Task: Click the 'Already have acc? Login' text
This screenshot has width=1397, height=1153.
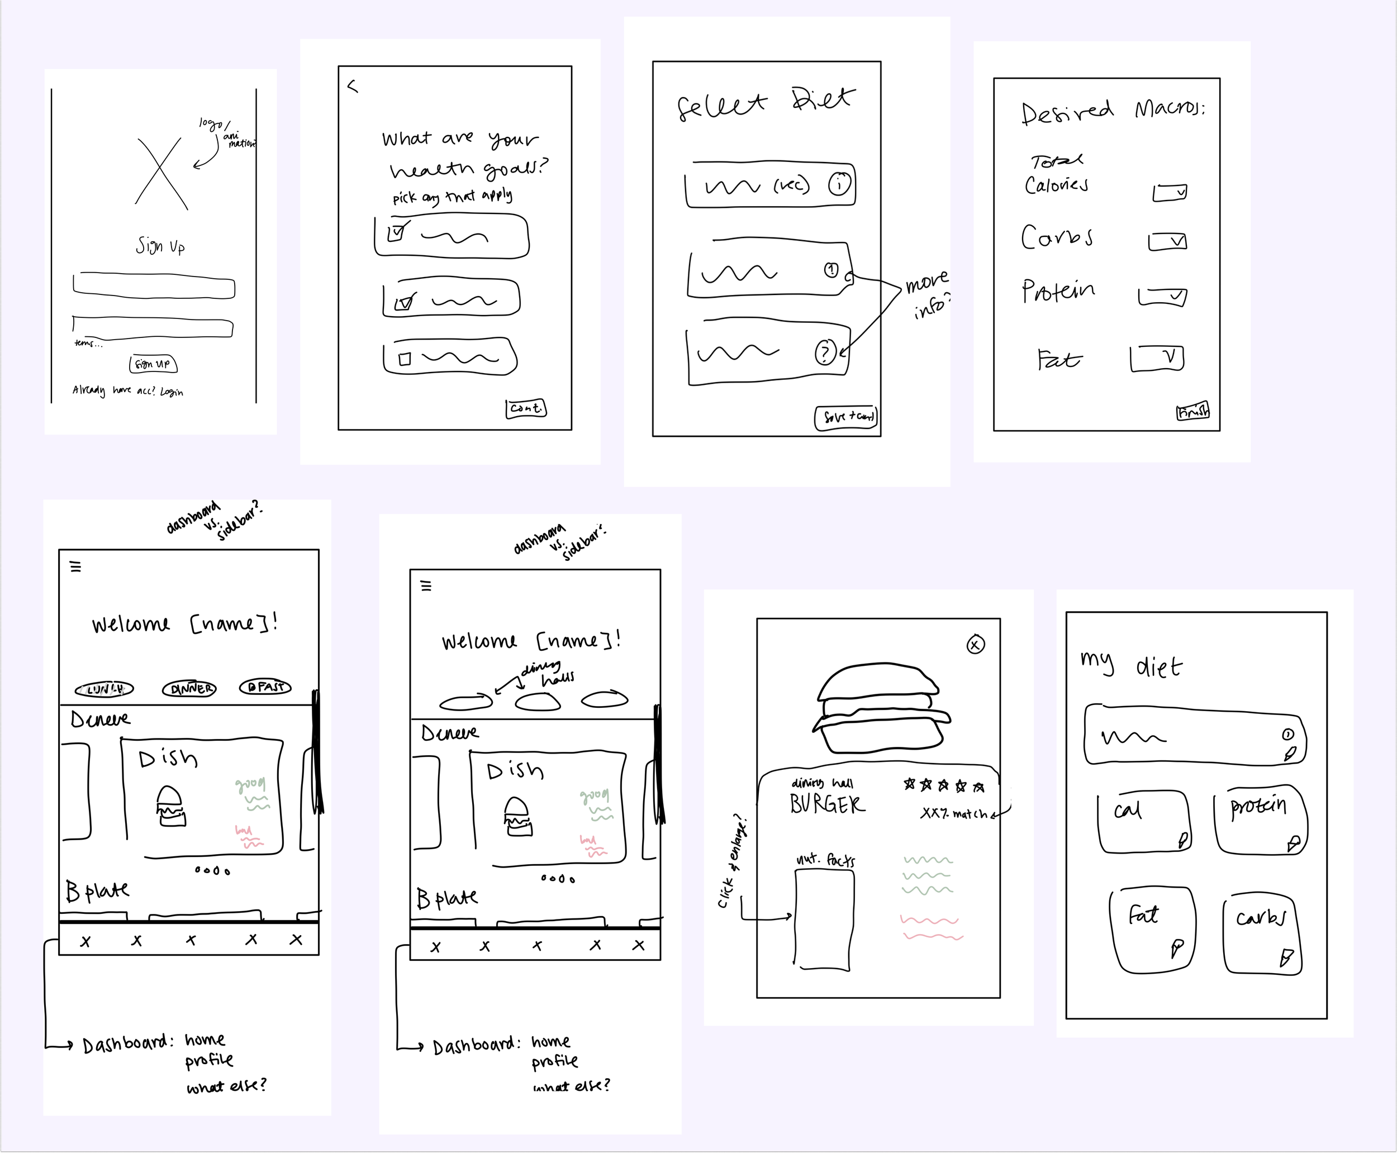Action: pos(127,390)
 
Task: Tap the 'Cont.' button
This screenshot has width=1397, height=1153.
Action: pos(526,408)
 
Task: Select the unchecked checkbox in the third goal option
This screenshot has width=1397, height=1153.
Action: pos(405,359)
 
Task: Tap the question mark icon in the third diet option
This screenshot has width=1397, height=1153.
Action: pos(825,352)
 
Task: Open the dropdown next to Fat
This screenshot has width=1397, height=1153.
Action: pos(1157,358)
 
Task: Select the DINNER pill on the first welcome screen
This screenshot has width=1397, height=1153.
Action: pos(189,689)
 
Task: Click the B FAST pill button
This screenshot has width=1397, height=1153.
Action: pos(265,687)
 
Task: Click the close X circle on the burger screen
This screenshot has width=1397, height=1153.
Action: pos(975,644)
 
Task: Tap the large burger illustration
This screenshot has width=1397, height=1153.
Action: pos(880,708)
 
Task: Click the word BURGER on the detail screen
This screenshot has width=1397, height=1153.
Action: pos(827,804)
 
